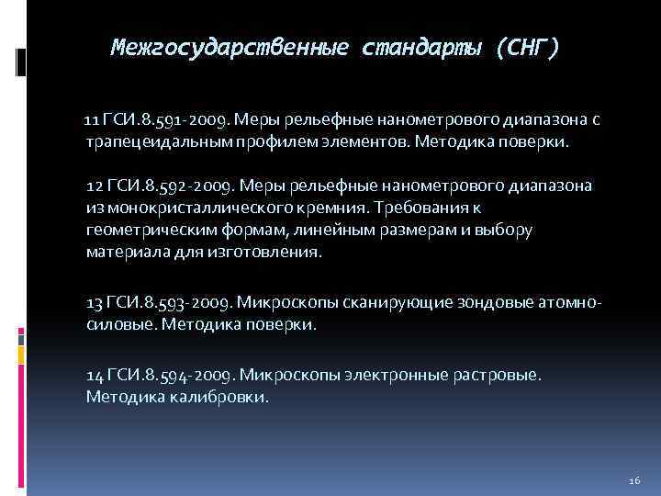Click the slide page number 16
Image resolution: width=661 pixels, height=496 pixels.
coord(634,481)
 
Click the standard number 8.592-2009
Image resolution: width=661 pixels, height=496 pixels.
coord(187,186)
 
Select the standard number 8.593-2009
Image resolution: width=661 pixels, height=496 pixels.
coord(188,302)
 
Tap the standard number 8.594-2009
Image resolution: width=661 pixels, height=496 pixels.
coord(188,375)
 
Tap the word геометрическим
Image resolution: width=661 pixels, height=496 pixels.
coord(144,230)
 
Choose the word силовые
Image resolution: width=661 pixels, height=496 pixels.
coord(114,325)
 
